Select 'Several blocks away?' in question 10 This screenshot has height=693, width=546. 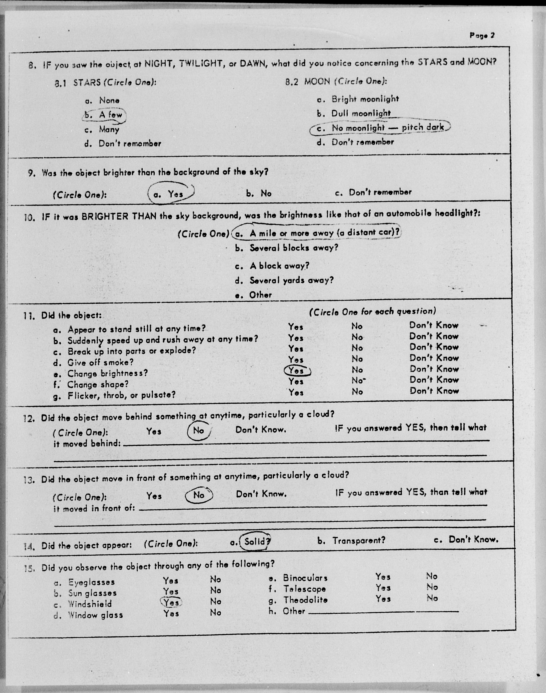[294, 248]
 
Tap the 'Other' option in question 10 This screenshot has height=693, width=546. [260, 295]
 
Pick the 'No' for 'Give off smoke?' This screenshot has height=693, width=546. [357, 359]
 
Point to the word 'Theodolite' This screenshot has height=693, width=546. [305, 600]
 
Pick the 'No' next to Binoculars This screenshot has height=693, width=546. [432, 576]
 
